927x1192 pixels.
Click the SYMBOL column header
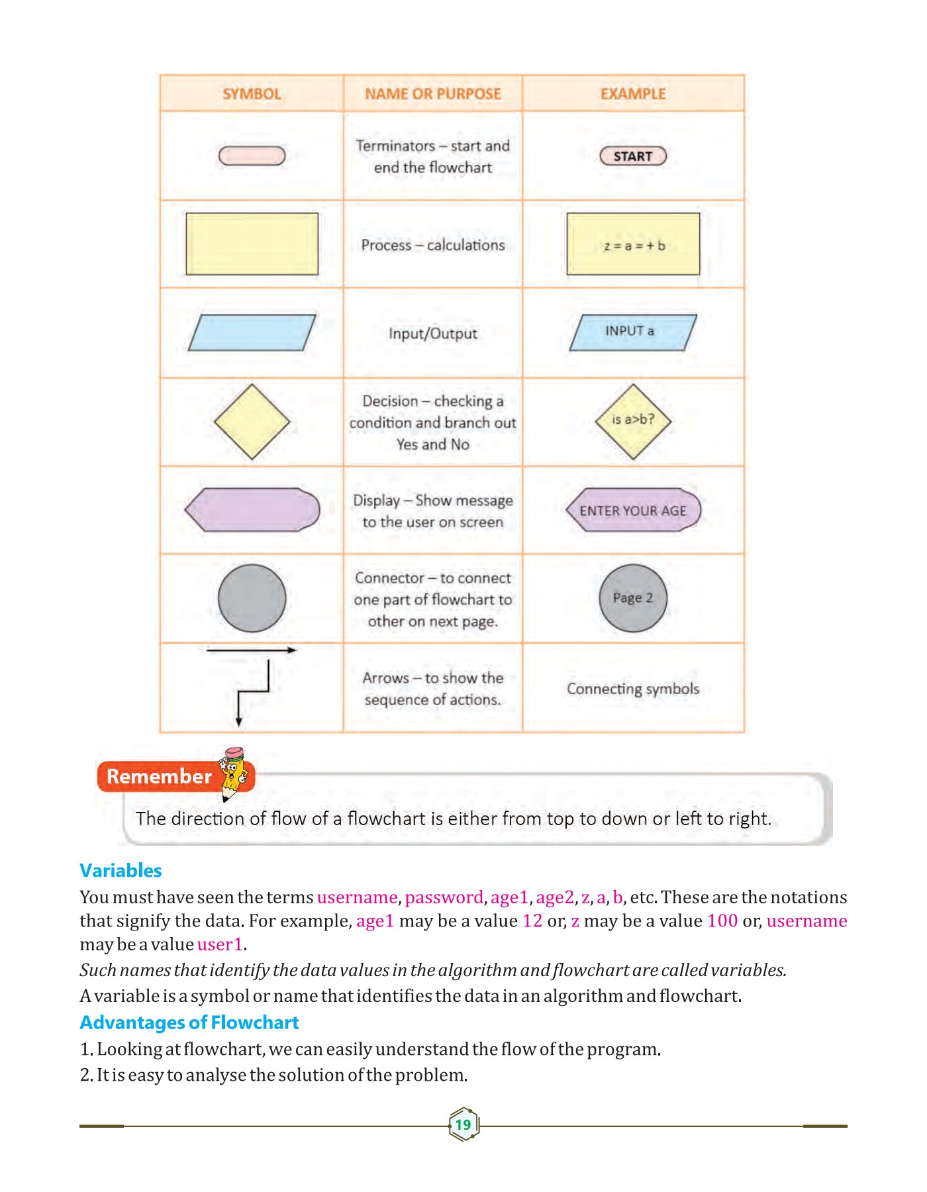252,94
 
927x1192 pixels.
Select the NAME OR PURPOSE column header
433,94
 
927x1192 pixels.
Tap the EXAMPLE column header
633,94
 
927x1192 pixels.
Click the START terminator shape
633,156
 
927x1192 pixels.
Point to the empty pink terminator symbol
252,156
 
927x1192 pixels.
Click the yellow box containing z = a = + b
633,244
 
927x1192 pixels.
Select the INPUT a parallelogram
633,332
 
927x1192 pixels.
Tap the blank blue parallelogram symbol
252,332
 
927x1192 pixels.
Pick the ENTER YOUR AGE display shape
633,510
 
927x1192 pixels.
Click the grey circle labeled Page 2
633,598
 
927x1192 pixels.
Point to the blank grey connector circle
252,598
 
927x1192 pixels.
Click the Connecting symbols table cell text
633,689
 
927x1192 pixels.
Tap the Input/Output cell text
433,333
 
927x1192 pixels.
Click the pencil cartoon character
234,772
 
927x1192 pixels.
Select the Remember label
159,777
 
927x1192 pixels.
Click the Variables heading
121,870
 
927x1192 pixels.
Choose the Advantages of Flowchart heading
189,1022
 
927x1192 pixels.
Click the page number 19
463,1124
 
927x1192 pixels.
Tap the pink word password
444,897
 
